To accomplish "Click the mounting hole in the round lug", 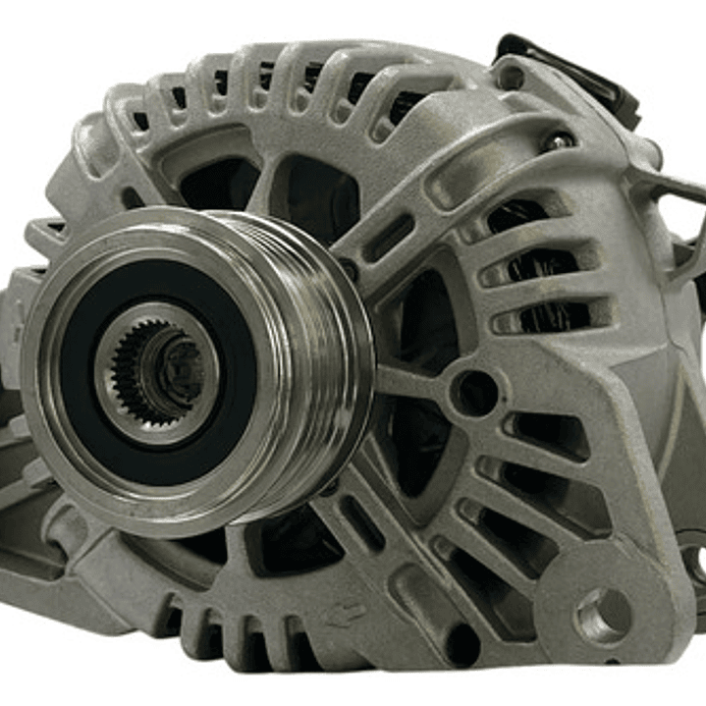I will click(602, 615).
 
